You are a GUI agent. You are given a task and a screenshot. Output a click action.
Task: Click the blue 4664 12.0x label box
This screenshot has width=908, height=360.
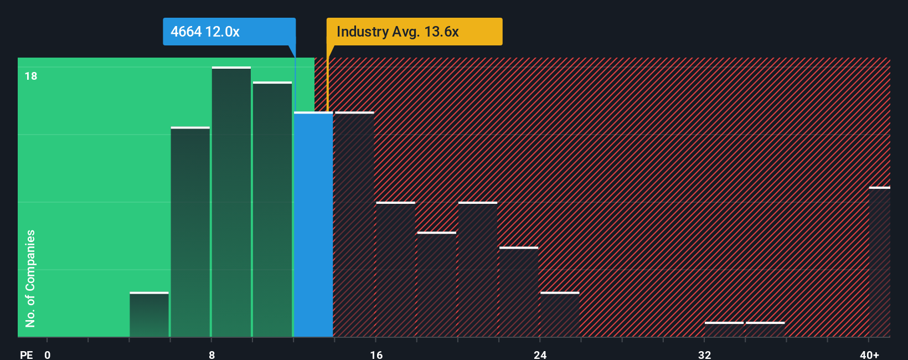click(x=229, y=32)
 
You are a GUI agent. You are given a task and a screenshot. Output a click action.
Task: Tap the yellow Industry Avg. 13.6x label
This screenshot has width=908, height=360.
click(x=414, y=32)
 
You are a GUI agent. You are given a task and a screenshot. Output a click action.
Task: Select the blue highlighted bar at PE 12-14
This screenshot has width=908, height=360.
click(x=313, y=224)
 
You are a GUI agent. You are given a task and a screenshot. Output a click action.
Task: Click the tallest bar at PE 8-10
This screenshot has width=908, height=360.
click(x=231, y=202)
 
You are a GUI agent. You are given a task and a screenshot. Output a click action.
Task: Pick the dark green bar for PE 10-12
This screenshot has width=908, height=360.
click(x=272, y=209)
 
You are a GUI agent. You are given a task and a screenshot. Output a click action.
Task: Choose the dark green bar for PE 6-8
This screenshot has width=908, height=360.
click(x=190, y=232)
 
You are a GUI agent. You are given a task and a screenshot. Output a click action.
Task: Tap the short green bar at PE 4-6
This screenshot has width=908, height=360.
click(x=149, y=315)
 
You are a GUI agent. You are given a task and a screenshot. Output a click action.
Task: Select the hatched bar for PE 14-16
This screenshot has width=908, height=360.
click(x=354, y=224)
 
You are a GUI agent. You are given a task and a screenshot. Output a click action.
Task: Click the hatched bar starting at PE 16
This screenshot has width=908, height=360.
click(x=395, y=270)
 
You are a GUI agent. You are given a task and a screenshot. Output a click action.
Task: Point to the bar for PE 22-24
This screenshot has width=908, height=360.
click(x=519, y=292)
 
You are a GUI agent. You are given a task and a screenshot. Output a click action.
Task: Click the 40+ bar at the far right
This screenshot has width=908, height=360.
click(x=879, y=262)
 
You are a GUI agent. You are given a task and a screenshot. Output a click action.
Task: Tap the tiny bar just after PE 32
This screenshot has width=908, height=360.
click(x=724, y=329)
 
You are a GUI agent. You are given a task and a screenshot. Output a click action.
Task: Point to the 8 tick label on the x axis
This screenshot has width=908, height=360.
click(x=211, y=354)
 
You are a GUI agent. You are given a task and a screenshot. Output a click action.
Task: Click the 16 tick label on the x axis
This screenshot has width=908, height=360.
click(x=376, y=354)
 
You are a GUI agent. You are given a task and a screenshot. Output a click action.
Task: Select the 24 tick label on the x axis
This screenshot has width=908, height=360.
click(x=540, y=354)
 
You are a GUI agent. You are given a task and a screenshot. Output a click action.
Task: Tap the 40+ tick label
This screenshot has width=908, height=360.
click(x=869, y=354)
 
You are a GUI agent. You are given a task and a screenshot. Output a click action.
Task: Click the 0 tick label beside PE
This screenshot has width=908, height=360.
click(x=48, y=354)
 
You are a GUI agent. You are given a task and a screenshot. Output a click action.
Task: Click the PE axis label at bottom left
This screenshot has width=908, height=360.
click(x=26, y=354)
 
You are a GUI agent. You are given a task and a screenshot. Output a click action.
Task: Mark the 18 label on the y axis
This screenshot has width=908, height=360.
click(x=31, y=76)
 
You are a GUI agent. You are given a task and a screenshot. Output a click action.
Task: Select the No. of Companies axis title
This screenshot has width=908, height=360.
click(x=30, y=278)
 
